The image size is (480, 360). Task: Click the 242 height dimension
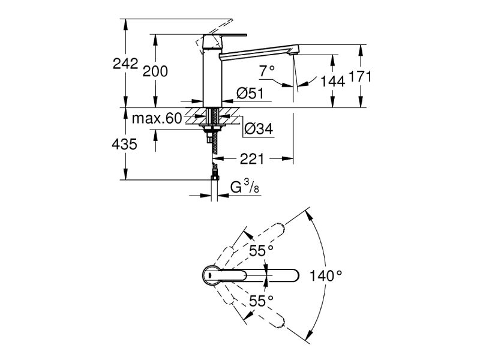click(x=126, y=64)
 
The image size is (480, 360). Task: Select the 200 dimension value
click(x=155, y=71)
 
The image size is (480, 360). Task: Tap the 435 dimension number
click(x=125, y=145)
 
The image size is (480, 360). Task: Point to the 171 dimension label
click(x=361, y=76)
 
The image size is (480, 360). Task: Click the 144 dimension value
click(x=332, y=81)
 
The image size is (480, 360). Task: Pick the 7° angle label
click(x=267, y=71)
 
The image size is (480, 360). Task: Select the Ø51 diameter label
click(x=248, y=93)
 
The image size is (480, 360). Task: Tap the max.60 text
click(x=157, y=118)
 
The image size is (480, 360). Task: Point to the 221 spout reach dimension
click(x=253, y=159)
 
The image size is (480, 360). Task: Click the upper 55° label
click(x=262, y=250)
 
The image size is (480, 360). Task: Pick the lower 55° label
click(x=262, y=299)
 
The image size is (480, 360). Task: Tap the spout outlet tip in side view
click(x=294, y=55)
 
